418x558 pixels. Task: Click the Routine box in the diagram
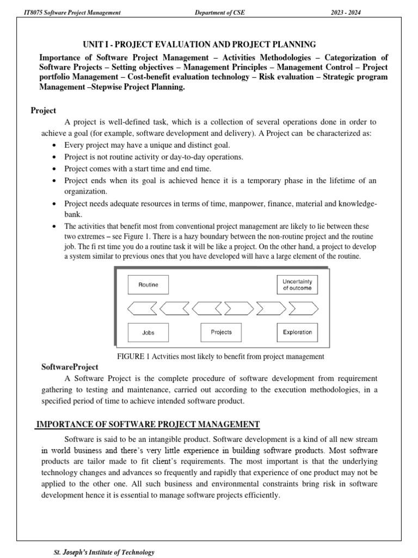(148, 285)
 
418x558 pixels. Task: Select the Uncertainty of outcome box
(297, 285)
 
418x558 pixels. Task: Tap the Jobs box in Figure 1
(148, 332)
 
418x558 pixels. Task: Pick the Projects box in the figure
(222, 332)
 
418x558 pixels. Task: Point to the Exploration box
(297, 332)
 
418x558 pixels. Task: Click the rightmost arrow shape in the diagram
(301, 309)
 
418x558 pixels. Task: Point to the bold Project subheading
(43, 111)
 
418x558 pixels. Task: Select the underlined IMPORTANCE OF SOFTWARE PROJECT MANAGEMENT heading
(140, 424)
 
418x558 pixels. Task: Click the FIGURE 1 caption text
(221, 356)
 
